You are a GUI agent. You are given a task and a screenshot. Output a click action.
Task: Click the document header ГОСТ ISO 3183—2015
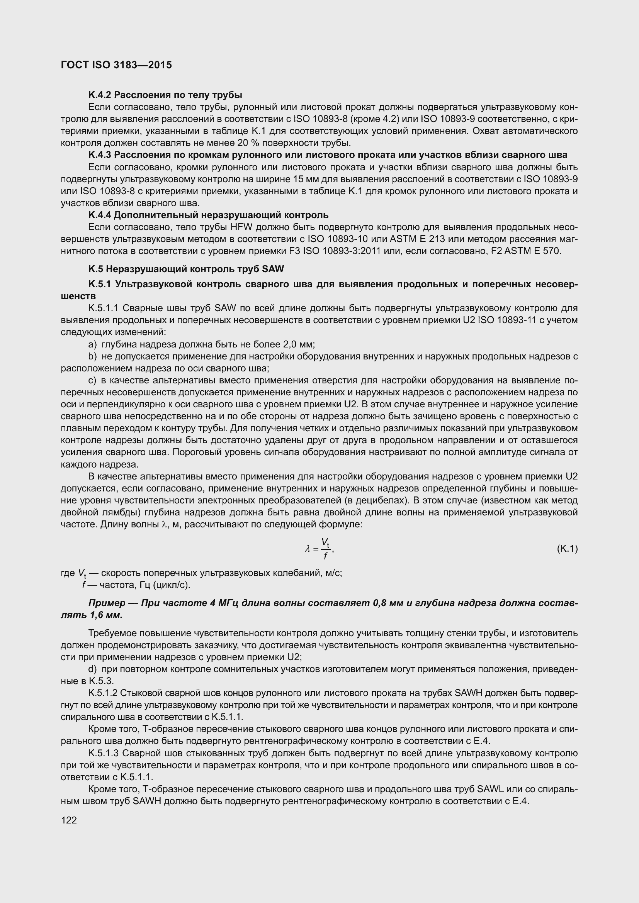pos(116,65)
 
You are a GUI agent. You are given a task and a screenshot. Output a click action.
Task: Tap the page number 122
pos(68,820)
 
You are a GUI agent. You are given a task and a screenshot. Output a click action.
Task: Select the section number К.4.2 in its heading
pos(100,95)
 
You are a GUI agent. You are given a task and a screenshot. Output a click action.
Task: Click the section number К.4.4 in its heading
pos(100,215)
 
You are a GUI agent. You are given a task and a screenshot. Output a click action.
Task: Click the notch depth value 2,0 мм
pos(297,344)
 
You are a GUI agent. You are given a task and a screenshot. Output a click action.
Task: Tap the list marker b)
pos(92,356)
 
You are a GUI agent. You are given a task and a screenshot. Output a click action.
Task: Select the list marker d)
pos(92,669)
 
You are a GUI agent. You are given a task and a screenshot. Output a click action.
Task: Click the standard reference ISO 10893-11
pos(506,320)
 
